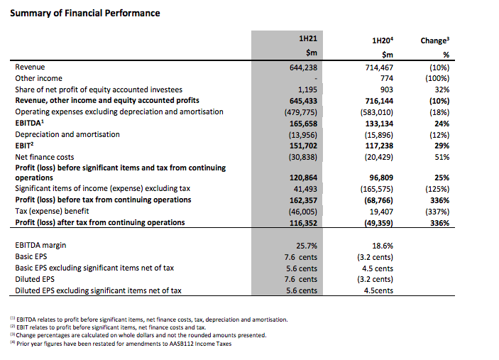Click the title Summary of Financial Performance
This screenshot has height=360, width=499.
click(84, 13)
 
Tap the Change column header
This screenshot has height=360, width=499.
click(433, 40)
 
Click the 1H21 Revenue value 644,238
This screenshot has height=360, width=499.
click(300, 67)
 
